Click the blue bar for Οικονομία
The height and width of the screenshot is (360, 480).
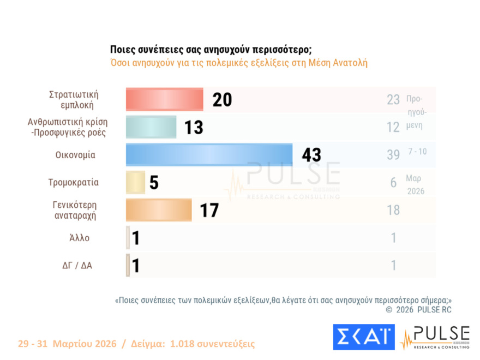pyautogui.click(x=209, y=155)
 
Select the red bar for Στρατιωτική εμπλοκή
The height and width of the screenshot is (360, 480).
pyautogui.click(x=164, y=100)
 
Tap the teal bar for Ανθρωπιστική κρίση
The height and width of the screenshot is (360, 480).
pyautogui.click(x=151, y=127)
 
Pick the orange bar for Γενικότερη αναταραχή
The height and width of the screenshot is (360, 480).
pyautogui.click(x=159, y=210)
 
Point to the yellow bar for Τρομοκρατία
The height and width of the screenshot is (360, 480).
pyautogui.click(x=135, y=183)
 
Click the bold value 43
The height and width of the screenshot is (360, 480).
pyautogui.click(x=311, y=155)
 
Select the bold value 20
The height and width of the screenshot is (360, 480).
pyautogui.click(x=222, y=100)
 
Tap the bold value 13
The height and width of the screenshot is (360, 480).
pyautogui.click(x=193, y=128)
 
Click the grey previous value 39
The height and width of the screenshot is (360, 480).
pyautogui.click(x=393, y=155)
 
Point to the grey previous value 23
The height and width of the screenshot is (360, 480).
pyautogui.click(x=393, y=100)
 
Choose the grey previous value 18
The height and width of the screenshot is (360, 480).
pyautogui.click(x=393, y=210)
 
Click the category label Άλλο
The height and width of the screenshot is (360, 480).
pyautogui.click(x=80, y=238)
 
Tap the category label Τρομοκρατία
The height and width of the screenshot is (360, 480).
pyautogui.click(x=74, y=183)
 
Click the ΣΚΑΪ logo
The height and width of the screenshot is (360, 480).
pyautogui.click(x=363, y=337)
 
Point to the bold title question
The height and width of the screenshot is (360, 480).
pyautogui.click(x=211, y=49)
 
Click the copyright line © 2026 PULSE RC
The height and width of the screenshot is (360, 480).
pyautogui.click(x=418, y=310)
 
